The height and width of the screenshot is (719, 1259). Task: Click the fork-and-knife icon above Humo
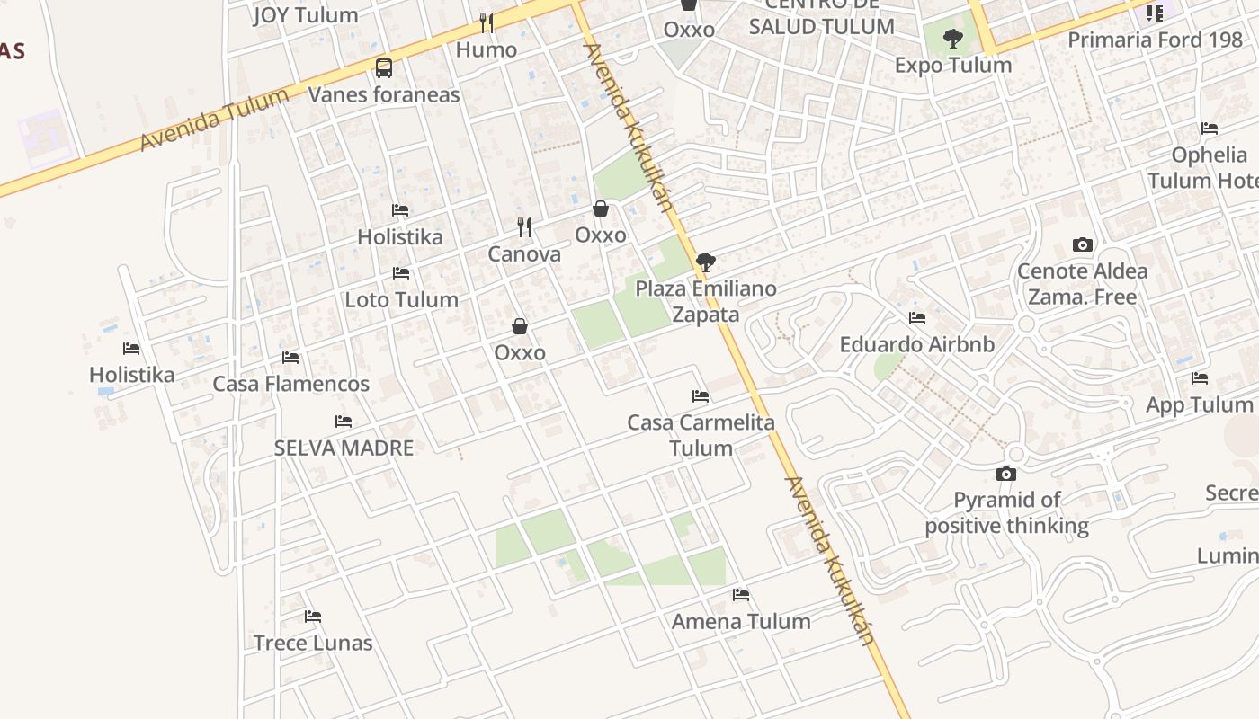486,22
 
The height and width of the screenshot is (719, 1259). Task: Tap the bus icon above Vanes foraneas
384,67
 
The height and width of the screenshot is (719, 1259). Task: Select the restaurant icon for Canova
524,227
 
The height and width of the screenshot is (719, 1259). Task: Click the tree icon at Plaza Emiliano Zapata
706,262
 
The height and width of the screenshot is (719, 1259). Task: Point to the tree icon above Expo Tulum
953,39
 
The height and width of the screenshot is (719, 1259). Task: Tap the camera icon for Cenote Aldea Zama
1083,244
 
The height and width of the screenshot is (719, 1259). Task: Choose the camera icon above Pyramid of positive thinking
1006,474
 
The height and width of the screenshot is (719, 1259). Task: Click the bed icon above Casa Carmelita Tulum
701,396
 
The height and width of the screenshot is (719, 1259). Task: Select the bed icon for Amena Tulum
741,595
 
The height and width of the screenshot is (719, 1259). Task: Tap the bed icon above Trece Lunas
313,617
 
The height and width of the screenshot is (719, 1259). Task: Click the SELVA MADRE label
344,448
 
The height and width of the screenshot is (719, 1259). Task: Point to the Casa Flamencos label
290,384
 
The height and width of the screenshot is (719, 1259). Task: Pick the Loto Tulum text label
402,299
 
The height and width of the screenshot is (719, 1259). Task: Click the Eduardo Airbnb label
917,344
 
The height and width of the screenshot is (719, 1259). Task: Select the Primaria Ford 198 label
1154,40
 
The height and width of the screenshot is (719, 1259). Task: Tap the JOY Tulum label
306,14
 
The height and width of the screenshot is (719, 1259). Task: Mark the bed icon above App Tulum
1199,378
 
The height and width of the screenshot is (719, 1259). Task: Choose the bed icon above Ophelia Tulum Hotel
1210,129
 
